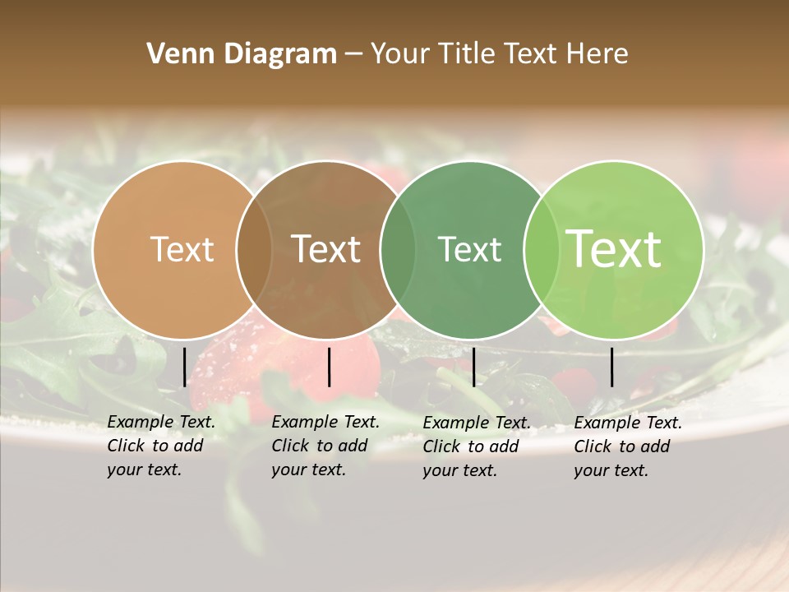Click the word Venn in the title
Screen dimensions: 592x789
pyautogui.click(x=173, y=53)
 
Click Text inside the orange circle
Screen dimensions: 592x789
pyautogui.click(x=182, y=249)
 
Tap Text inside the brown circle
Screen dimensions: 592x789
pyautogui.click(x=326, y=249)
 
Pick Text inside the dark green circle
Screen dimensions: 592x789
pyautogui.click(x=469, y=249)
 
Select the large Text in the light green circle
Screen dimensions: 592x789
pyautogui.click(x=614, y=248)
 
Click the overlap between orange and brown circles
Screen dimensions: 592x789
pyautogui.click(x=254, y=250)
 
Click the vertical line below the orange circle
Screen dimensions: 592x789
pyautogui.click(x=184, y=367)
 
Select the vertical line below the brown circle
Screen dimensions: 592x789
pyautogui.click(x=329, y=367)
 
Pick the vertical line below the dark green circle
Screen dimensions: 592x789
pyautogui.click(x=473, y=367)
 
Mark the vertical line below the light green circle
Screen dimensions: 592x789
pyautogui.click(x=612, y=367)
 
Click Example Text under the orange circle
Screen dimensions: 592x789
pyautogui.click(x=161, y=422)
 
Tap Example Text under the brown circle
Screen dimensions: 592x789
pyautogui.click(x=325, y=422)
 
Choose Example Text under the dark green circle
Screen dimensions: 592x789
pyautogui.click(x=477, y=423)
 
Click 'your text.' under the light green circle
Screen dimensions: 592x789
pyautogui.click(x=611, y=470)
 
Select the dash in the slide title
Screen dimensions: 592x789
pyautogui.click(x=353, y=54)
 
